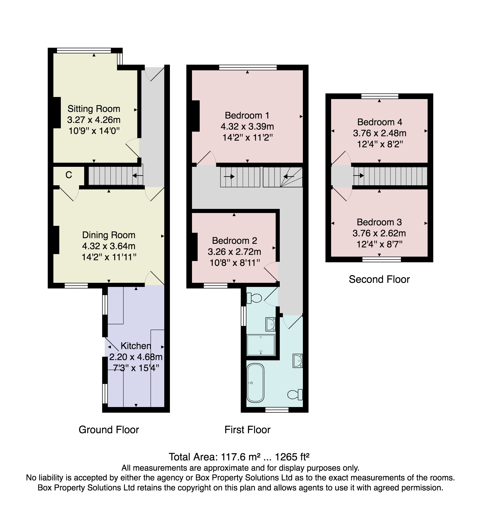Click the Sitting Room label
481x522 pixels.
tap(94, 109)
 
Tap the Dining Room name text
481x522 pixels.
tap(109, 235)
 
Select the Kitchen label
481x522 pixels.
tap(136, 346)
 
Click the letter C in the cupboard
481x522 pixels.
tap(69, 175)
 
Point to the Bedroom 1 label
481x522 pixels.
tap(247, 115)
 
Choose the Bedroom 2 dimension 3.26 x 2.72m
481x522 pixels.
tap(234, 252)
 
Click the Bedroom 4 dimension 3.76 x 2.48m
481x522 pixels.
tap(380, 133)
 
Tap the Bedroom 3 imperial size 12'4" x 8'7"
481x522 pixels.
tap(380, 244)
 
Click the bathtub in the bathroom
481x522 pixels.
tap(255, 383)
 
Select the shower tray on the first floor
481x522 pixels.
tap(261, 345)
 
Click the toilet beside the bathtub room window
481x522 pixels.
tap(295, 394)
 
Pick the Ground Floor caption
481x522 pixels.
tap(109, 430)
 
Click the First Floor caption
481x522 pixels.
tap(247, 430)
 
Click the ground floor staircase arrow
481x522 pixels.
tap(138, 176)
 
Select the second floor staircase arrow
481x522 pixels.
tap(358, 176)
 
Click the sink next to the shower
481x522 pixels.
tap(270, 324)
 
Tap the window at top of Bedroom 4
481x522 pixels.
tap(380, 96)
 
